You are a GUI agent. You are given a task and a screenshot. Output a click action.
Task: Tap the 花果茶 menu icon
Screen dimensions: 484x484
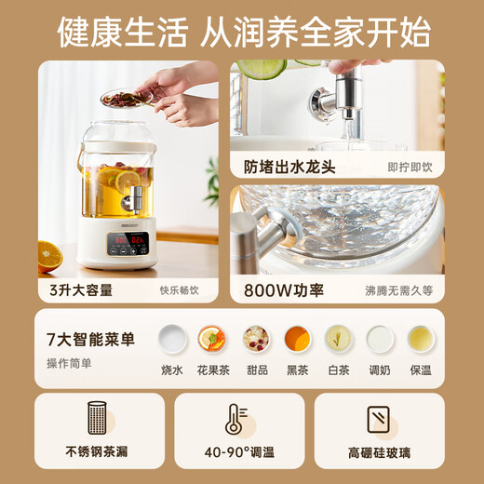coord(213,339)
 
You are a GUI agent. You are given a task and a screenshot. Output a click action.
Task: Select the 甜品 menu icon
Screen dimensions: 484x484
coord(255,339)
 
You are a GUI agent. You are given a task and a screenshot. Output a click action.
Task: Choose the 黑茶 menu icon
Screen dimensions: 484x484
coord(297,339)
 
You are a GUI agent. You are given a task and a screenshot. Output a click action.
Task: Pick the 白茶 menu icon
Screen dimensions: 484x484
coord(339,339)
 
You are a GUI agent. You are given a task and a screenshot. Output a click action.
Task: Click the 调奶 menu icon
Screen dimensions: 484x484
coord(381,339)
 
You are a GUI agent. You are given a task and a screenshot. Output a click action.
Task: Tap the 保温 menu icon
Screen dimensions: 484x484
coord(422,339)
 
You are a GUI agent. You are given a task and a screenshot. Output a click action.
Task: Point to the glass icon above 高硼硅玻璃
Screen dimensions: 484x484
coord(380,420)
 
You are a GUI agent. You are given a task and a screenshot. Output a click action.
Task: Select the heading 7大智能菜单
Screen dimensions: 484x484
coord(90,340)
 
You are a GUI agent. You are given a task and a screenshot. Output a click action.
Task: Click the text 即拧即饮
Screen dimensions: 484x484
coord(410,168)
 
